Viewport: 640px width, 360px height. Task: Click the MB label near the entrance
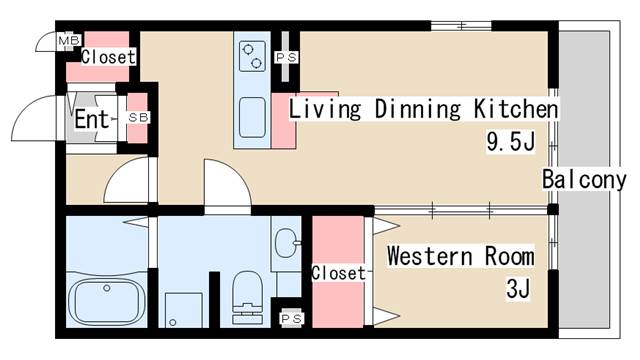pos(69,40)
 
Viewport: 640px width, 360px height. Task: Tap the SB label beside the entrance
pos(138,118)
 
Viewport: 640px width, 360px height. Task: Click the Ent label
pos(92,119)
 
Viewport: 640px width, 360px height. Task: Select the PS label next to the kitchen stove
pos(286,58)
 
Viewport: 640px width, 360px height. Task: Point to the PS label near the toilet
pos(291,318)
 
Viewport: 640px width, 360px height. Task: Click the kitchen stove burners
pos(252,56)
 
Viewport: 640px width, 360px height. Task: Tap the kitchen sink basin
pos(252,118)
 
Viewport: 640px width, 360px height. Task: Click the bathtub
pos(107,301)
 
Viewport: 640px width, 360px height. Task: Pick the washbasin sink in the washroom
pos(287,243)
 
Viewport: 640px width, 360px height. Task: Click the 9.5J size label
pos(510,142)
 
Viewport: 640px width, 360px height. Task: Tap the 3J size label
pos(518,288)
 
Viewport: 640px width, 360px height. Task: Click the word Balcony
pos(584,180)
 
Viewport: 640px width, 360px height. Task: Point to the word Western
pos(429,256)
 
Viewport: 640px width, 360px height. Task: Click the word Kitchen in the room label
pos(515,109)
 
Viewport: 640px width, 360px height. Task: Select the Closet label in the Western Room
pos(338,273)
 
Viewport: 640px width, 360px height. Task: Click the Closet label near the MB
pos(108,57)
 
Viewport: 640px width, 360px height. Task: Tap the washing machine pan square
pos(184,310)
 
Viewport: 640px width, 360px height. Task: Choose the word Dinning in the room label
pos(418,109)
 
